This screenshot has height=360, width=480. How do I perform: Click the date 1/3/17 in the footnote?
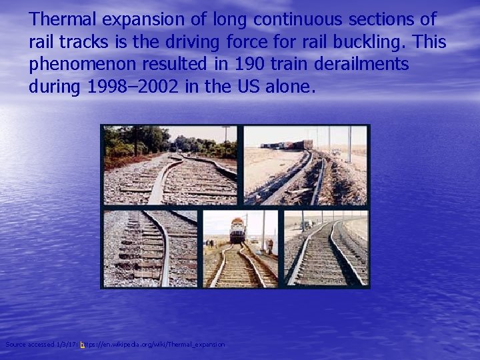69,344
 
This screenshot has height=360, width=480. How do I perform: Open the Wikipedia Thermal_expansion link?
153,344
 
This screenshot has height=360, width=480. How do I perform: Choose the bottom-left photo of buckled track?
151,249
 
